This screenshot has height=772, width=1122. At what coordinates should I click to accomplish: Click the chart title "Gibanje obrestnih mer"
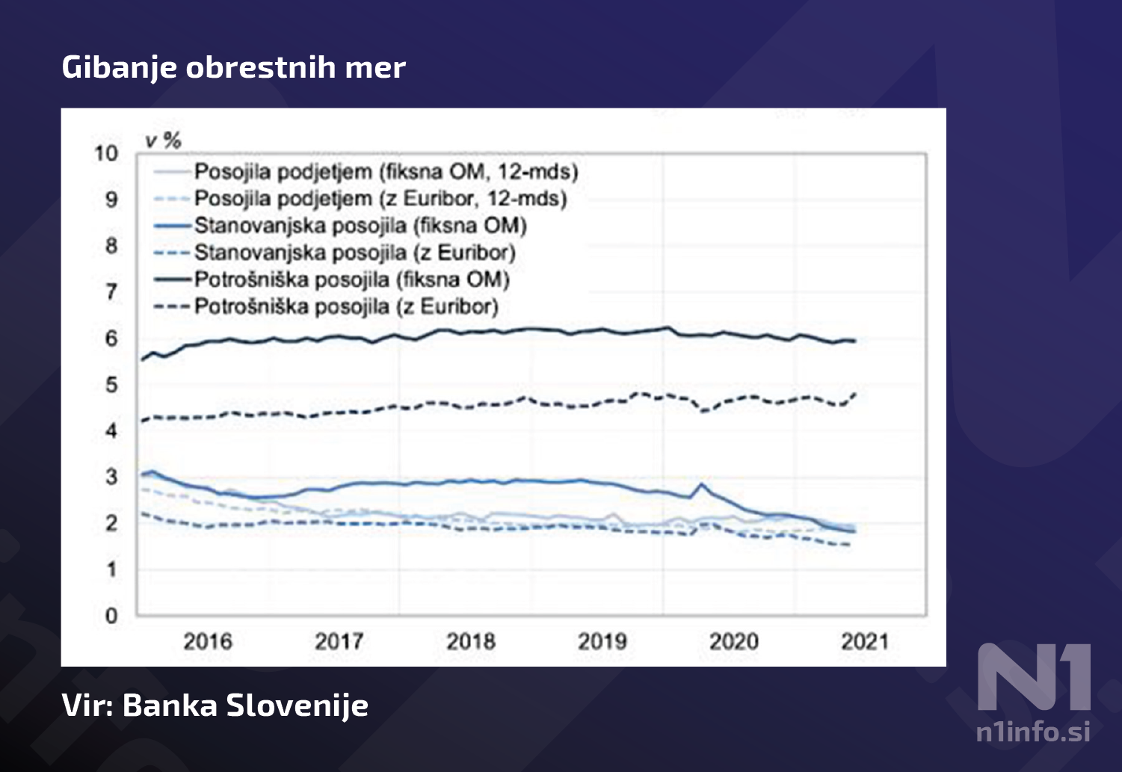click(233, 67)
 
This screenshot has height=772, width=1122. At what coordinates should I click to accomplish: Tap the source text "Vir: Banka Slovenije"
click(215, 705)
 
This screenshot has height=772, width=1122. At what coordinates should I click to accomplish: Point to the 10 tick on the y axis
click(106, 153)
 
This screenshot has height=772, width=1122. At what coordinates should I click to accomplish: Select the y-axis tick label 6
click(111, 339)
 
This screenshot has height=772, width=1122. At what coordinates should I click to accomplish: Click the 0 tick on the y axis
click(111, 616)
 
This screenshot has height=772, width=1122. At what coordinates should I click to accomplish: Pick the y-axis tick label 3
click(111, 477)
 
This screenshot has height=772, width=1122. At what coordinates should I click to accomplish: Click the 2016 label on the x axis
click(208, 641)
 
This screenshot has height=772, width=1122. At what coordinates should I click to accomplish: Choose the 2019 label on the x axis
click(602, 641)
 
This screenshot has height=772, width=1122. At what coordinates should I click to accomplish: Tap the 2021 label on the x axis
click(865, 641)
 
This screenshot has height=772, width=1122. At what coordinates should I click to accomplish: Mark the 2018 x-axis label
click(471, 641)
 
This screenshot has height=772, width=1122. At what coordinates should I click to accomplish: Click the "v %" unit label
click(164, 140)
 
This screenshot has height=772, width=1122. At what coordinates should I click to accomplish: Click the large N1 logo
click(1034, 677)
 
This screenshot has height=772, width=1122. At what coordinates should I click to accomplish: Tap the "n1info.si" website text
click(1032, 731)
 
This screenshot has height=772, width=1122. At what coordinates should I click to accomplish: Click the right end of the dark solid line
click(854, 341)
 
